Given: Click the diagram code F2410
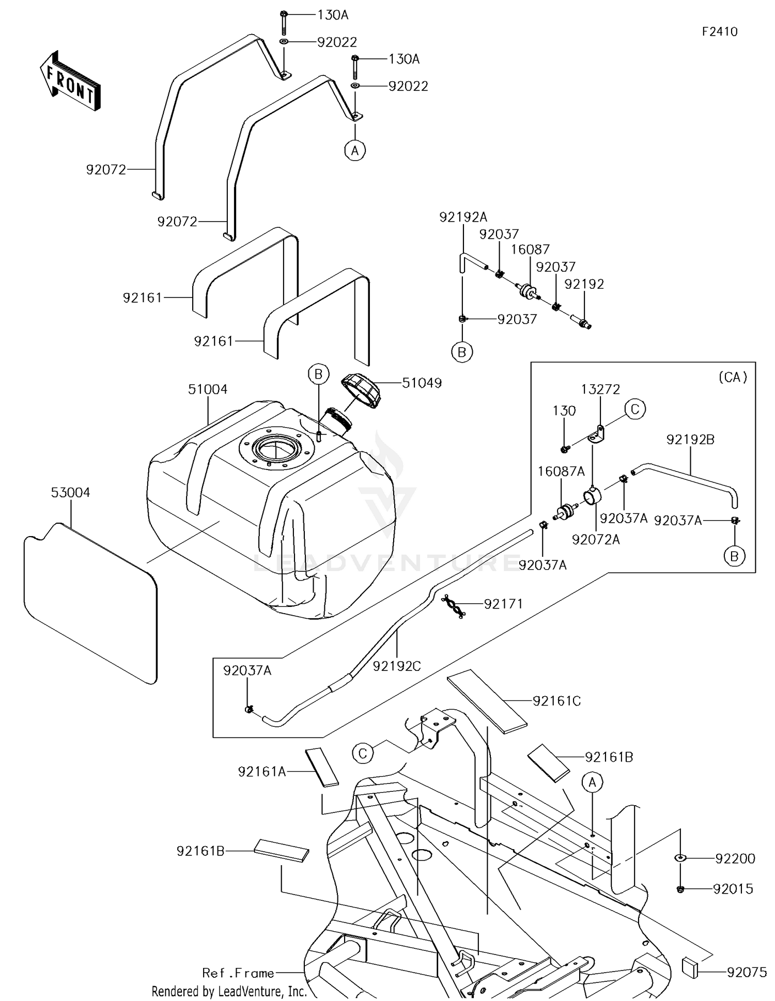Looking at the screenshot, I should (x=719, y=32).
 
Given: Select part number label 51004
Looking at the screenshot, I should (x=207, y=389).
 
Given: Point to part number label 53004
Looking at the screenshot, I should (x=70, y=492).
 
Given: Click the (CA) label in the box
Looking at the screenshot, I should (x=733, y=377).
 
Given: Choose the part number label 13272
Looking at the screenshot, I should (x=600, y=389).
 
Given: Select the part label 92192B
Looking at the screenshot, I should (x=690, y=440).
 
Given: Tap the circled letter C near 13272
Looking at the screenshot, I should (x=635, y=409).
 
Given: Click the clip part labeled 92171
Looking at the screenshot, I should (x=453, y=606).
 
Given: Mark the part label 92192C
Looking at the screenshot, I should (x=397, y=666).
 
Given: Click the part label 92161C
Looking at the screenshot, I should (x=556, y=701).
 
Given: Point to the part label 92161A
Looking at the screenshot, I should (x=262, y=772).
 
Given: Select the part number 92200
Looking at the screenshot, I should (x=735, y=858).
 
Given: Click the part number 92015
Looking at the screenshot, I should (x=733, y=889).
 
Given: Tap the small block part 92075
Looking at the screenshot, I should (x=690, y=967).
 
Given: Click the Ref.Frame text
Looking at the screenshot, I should (x=238, y=973).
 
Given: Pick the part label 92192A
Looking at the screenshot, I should (x=463, y=217).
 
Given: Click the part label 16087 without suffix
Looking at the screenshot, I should (x=530, y=249).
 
